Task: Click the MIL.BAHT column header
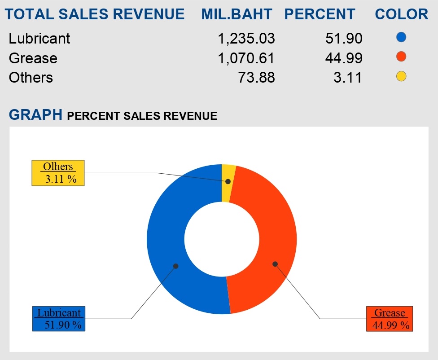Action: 237,14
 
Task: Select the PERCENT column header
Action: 320,14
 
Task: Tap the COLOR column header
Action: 402,14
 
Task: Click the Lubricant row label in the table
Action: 39,39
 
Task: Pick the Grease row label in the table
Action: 33,58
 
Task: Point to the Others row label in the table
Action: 31,78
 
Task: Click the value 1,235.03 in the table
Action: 246,39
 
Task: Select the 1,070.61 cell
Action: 246,58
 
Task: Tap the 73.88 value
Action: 256,78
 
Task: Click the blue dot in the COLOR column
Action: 402,37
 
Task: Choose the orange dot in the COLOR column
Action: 402,57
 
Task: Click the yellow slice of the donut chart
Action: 228,175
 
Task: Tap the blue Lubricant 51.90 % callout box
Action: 59,319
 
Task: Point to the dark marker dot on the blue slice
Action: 176,266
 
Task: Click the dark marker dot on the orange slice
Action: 275,264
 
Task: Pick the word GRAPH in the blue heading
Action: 35,115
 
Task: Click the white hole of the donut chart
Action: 222,239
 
